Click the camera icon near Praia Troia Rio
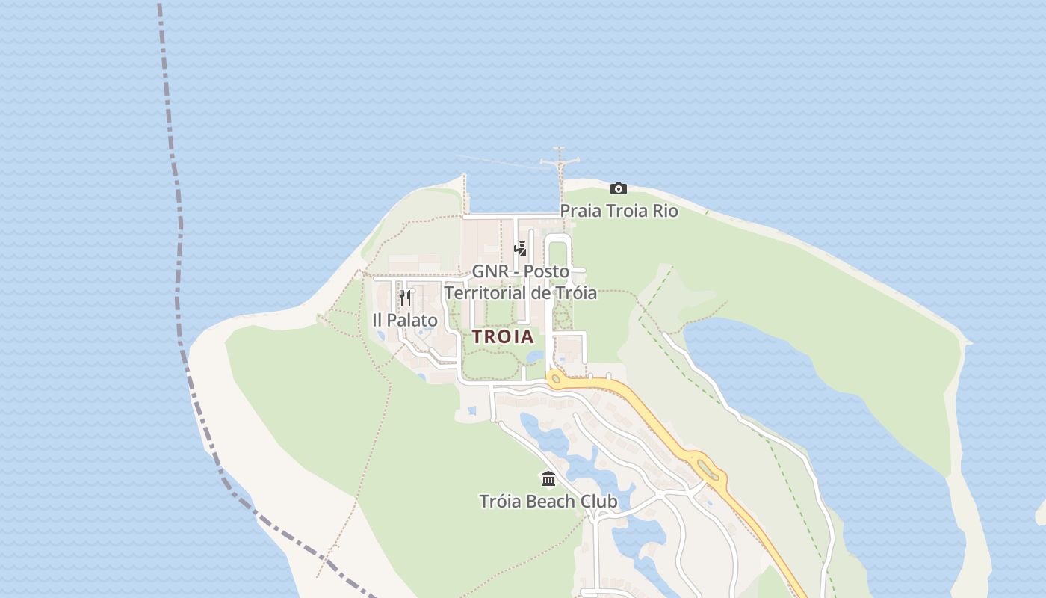618,188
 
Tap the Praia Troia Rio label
619,211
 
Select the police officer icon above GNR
520,249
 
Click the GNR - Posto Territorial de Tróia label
520,282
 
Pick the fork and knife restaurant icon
405,298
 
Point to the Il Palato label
405,321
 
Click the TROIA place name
503,337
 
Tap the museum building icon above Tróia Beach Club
548,478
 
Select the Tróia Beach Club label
548,501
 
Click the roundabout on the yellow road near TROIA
555,380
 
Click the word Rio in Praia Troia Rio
665,211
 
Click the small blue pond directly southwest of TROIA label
471,410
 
